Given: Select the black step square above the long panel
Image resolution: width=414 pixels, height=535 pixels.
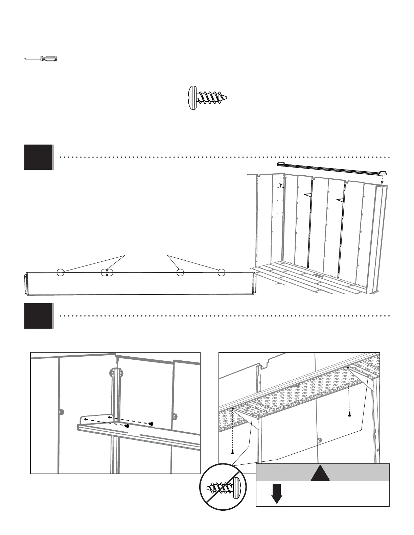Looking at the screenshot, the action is (x=39, y=157).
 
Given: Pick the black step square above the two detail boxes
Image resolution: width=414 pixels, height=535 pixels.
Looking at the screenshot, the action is (x=39, y=316).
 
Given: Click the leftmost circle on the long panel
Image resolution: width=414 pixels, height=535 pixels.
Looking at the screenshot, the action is (x=60, y=272).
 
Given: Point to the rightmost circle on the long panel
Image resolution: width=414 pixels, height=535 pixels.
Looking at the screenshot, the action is (x=221, y=272).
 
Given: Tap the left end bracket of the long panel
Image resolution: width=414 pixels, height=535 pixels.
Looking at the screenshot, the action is (x=26, y=284).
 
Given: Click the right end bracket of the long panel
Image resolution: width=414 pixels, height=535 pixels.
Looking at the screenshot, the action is (x=255, y=283).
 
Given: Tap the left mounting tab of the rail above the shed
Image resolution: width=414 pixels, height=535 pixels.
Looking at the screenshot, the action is (x=280, y=164).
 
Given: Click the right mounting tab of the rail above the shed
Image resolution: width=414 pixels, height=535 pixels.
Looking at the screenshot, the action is (x=383, y=173).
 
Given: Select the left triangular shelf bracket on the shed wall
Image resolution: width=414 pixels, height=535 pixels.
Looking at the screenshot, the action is (x=308, y=195).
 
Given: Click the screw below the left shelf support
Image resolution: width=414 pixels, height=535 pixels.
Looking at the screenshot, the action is (x=233, y=452).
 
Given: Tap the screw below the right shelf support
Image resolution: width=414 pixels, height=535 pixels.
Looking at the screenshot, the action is (x=349, y=414).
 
